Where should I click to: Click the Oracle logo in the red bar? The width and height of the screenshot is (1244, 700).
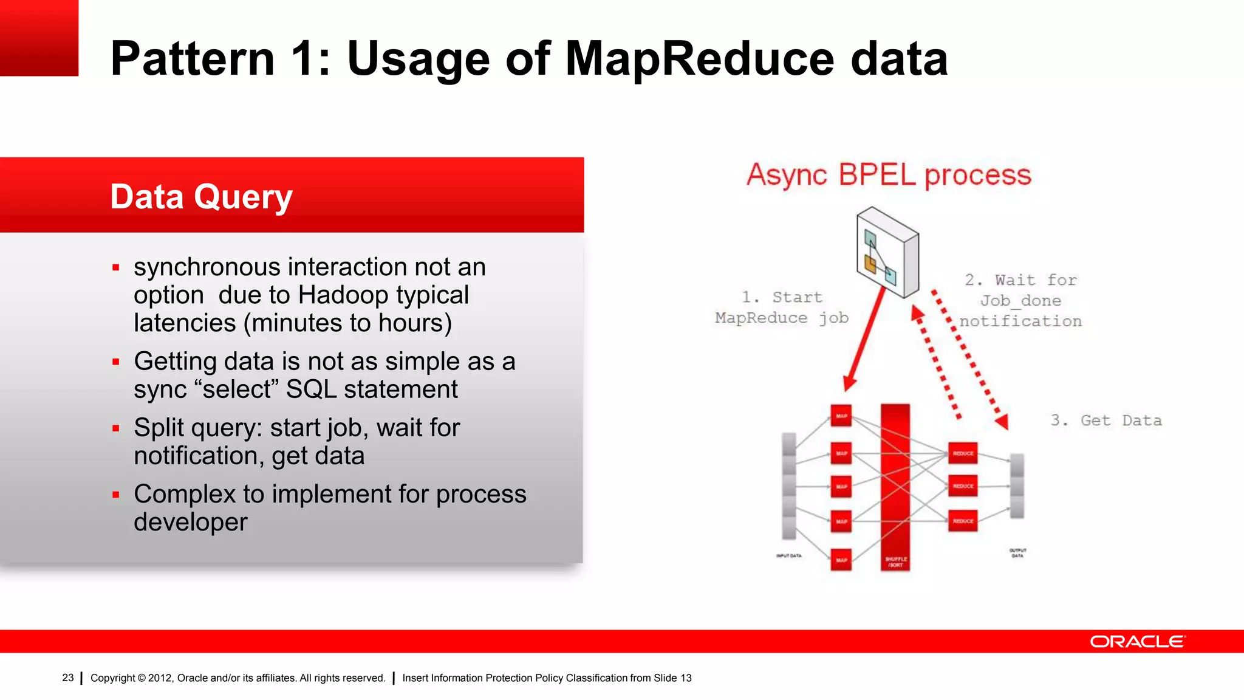pyautogui.click(x=1136, y=642)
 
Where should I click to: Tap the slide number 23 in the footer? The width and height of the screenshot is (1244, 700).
pyautogui.click(x=67, y=678)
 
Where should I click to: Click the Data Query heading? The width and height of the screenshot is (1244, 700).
pyautogui.click(x=201, y=197)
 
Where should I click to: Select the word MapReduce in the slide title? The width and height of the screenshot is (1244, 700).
pyautogui.click(x=700, y=59)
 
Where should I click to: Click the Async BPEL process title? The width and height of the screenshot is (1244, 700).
pyautogui.click(x=889, y=175)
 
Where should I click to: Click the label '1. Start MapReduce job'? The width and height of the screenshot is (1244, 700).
pyautogui.click(x=782, y=307)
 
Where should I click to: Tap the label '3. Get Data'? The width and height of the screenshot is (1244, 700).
pyautogui.click(x=1106, y=420)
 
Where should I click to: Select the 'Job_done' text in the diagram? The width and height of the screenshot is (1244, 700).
pyautogui.click(x=1020, y=301)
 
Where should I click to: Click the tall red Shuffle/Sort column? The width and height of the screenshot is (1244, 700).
pyautogui.click(x=895, y=486)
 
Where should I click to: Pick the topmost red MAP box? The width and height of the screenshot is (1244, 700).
pyautogui.click(x=841, y=416)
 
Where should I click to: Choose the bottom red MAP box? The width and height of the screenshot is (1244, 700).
pyautogui.click(x=841, y=560)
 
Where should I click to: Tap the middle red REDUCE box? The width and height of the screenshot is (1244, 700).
pyautogui.click(x=963, y=486)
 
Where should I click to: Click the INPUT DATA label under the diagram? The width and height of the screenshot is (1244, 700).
pyautogui.click(x=788, y=555)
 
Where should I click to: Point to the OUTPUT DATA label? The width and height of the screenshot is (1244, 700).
pyautogui.click(x=1017, y=552)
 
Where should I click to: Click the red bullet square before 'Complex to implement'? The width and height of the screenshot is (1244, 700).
pyautogui.click(x=116, y=495)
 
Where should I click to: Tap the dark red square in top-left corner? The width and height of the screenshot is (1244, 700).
pyautogui.click(x=39, y=38)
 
